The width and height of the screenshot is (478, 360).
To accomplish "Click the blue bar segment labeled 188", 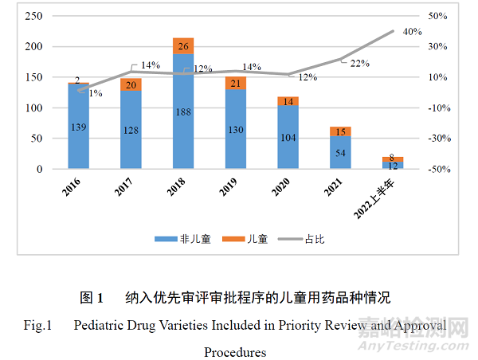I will [183, 112].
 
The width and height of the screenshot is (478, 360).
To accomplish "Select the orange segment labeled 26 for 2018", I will [183, 46].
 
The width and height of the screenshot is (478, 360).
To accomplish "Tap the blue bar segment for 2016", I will [78, 127].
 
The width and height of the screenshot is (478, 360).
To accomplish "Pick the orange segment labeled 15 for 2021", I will [341, 131].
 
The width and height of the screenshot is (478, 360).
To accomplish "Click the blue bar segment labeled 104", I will [288, 137].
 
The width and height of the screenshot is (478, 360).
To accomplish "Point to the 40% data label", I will [412, 32].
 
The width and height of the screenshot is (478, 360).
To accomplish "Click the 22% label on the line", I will [359, 64].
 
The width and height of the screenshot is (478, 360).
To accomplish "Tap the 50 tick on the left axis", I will [35, 139].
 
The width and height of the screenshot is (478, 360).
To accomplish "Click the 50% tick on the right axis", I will [438, 16].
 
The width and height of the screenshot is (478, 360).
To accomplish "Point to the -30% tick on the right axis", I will [438, 139].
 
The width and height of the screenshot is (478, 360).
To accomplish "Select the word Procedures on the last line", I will [235, 351].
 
